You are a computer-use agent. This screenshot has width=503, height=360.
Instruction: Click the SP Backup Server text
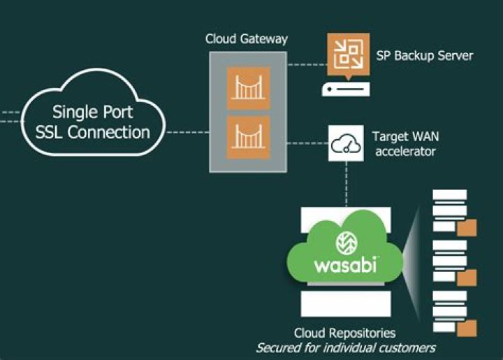point(424,55)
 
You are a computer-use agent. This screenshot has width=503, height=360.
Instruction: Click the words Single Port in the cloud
point(93,113)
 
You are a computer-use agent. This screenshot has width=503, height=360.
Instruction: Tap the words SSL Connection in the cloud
point(93,131)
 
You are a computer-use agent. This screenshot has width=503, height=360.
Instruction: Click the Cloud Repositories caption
point(344,333)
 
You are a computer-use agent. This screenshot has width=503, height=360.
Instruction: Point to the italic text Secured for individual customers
point(345,347)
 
